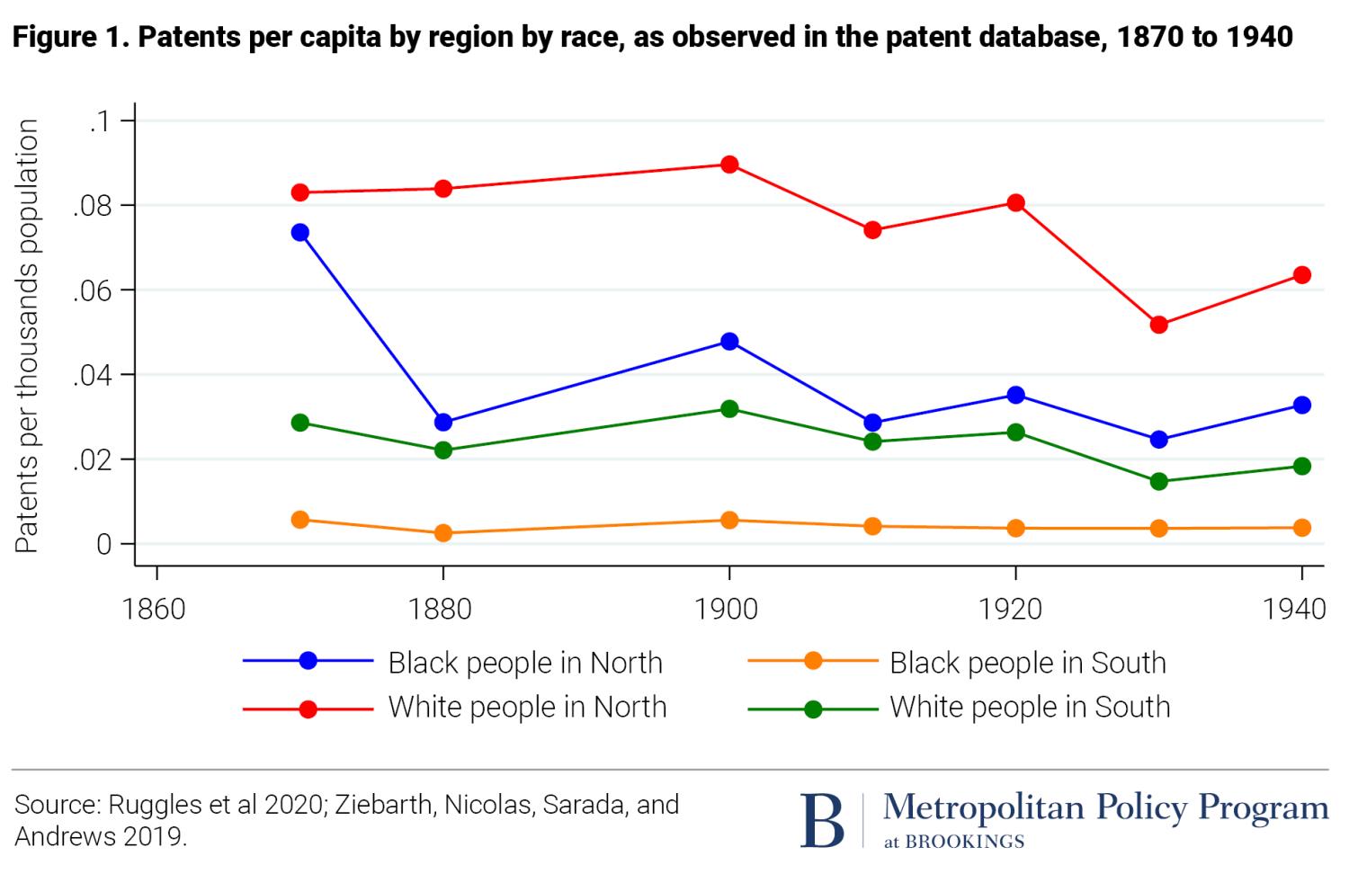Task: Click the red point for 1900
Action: coord(729,165)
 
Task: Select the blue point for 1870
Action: coord(300,233)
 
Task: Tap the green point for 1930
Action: coord(1158,482)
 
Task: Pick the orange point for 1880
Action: coord(442,533)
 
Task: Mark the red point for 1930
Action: coord(1158,325)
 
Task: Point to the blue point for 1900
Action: coord(729,342)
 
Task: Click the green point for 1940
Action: coord(1301,466)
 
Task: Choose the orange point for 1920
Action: coord(1015,528)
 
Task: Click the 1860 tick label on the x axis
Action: coord(155,609)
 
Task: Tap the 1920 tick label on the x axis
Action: coord(1014,609)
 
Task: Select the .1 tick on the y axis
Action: coord(99,121)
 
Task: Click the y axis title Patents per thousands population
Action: coord(27,335)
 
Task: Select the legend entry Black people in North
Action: coord(525,663)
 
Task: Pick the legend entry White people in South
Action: coord(1030,707)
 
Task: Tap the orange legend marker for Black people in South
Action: coord(813,662)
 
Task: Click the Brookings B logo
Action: coord(822,819)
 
